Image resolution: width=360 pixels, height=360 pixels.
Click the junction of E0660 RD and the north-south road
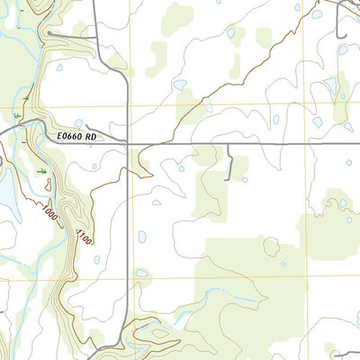tap(129, 142)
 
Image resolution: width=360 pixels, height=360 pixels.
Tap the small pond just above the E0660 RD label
tap(78, 124)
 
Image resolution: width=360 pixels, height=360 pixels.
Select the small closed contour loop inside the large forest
tap(270, 245)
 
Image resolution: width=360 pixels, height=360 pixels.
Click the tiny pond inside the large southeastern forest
tap(283, 264)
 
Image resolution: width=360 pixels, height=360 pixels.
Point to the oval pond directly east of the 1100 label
tap(141, 237)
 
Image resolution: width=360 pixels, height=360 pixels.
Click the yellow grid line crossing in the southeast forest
tap(304, 276)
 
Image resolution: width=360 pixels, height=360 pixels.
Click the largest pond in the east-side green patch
tap(329, 86)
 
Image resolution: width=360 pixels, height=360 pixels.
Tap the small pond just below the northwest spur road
tap(59, 67)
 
